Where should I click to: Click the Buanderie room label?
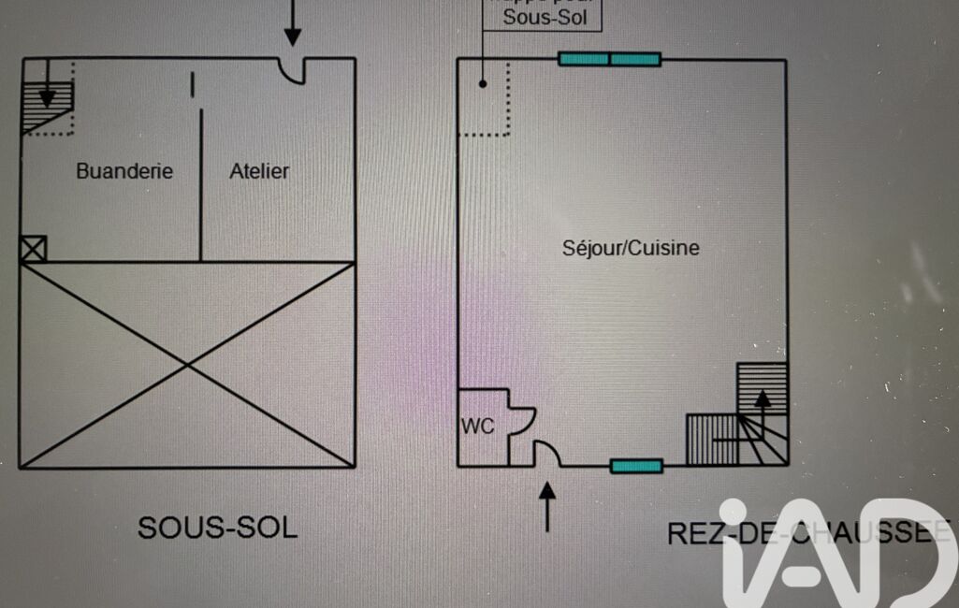(x=124, y=171)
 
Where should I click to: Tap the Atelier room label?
(x=259, y=171)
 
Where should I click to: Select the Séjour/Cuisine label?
(x=631, y=248)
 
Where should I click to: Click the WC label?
(x=476, y=427)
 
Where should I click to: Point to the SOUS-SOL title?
(x=217, y=528)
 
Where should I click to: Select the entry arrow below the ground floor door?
(x=547, y=505)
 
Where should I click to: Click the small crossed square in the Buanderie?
(x=33, y=249)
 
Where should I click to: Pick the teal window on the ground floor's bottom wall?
(x=636, y=466)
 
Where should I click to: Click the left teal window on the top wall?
(x=584, y=59)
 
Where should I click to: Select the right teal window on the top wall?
(x=635, y=59)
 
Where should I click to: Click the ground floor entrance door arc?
(x=547, y=454)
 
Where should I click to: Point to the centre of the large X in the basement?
(x=187, y=365)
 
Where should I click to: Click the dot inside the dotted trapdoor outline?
(x=483, y=83)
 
